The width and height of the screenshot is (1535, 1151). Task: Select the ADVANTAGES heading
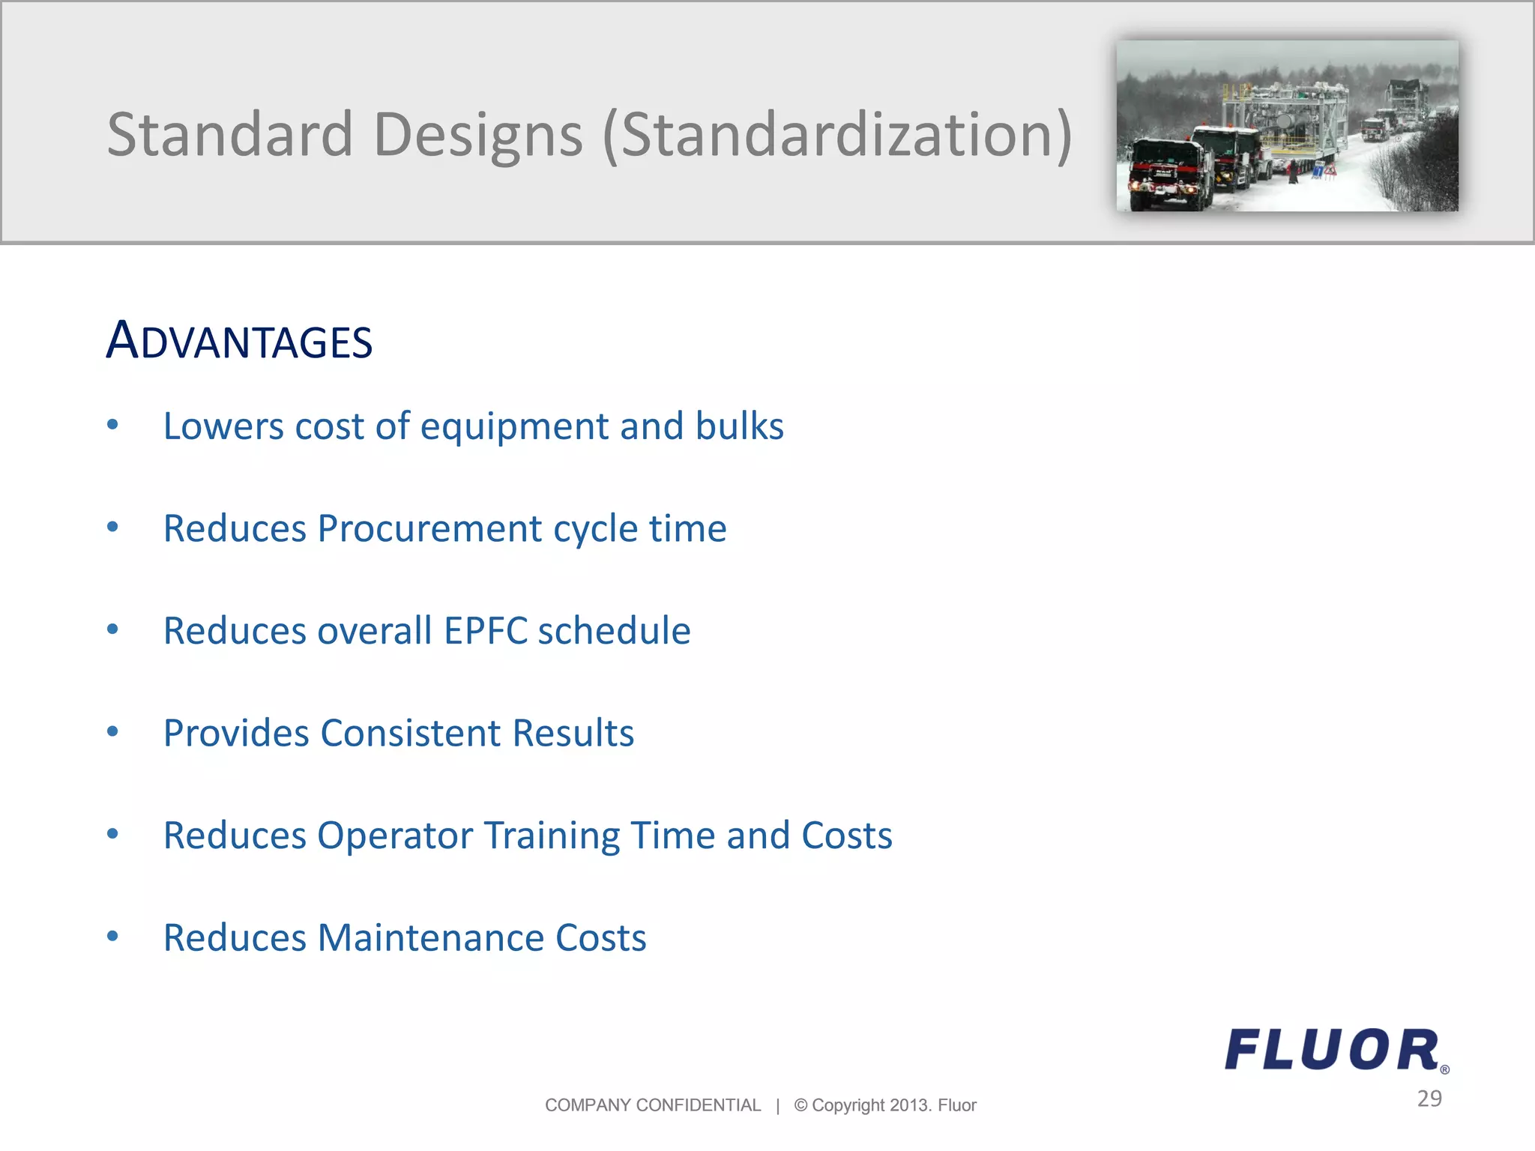[x=239, y=341]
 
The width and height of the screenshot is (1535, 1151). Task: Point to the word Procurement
[x=429, y=529]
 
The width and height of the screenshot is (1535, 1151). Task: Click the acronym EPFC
[x=486, y=631]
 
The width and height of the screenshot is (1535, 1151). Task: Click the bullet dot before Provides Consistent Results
[x=112, y=732]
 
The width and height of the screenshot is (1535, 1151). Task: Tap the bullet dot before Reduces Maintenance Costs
[x=112, y=936]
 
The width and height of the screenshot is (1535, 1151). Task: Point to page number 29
[x=1429, y=1099]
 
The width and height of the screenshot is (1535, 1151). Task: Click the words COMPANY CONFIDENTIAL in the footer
[x=652, y=1105]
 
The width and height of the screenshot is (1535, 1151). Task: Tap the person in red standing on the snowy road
[x=1292, y=173]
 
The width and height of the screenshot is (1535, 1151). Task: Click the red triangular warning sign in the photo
[x=1330, y=172]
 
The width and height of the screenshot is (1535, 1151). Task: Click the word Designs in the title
[x=477, y=135]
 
